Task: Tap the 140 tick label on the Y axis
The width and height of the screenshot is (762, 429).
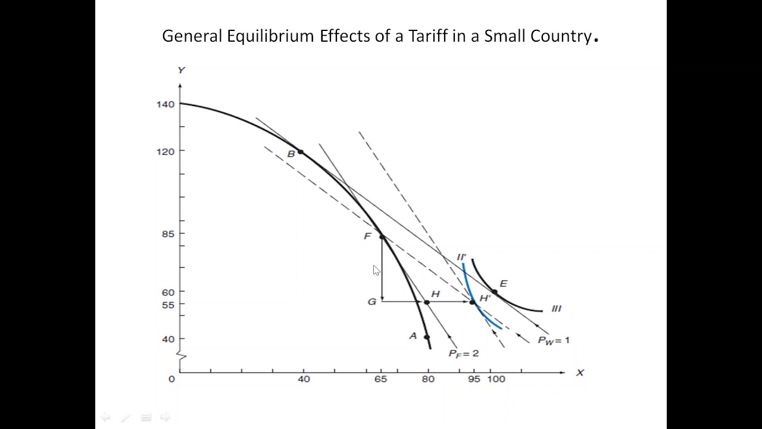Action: click(165, 104)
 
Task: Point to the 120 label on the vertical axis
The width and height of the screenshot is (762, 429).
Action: click(165, 151)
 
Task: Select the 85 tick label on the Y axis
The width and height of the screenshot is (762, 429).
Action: click(168, 234)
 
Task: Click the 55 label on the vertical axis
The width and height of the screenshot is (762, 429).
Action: click(168, 304)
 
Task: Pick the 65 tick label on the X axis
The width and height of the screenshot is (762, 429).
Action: click(380, 379)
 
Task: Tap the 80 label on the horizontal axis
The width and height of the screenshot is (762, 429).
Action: click(427, 379)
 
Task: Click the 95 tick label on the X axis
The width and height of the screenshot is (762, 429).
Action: click(474, 379)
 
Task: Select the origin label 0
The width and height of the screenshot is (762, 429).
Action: click(171, 379)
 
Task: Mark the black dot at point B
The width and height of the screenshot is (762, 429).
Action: click(301, 153)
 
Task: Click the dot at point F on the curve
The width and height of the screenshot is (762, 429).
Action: click(382, 237)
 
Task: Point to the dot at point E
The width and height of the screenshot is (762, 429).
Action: click(494, 292)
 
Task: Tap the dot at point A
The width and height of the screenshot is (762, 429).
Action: click(426, 337)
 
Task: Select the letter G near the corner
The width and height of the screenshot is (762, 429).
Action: click(371, 302)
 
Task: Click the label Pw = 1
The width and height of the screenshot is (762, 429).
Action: click(553, 340)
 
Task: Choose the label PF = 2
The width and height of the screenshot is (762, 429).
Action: click(463, 353)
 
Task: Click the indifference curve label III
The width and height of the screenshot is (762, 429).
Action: click(556, 309)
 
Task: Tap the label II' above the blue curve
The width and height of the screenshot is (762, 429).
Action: click(461, 257)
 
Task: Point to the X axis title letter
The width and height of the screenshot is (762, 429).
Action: click(580, 372)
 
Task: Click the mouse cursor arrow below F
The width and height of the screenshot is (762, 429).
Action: click(376, 270)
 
